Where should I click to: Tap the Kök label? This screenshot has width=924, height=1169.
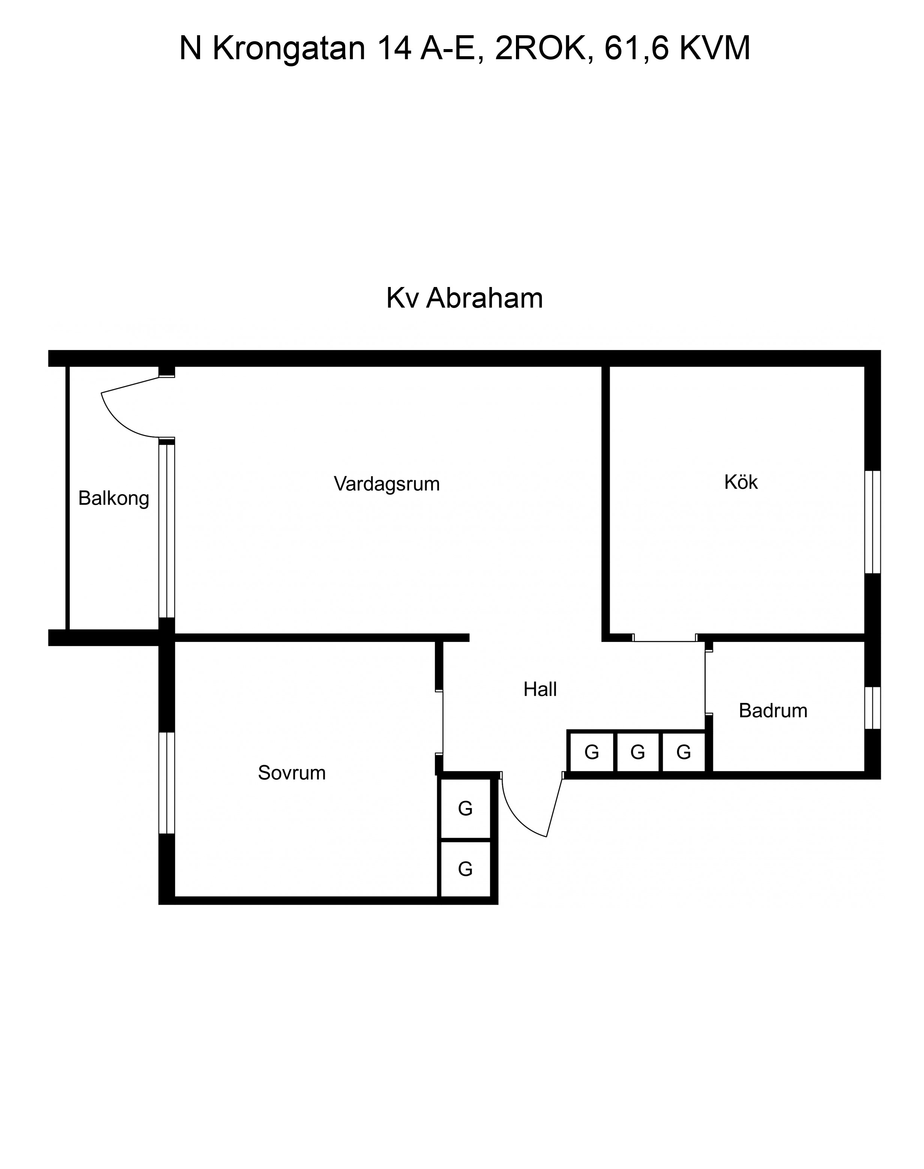point(741,482)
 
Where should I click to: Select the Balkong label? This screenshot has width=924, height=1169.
point(114,498)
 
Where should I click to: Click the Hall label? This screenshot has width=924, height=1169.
point(540,690)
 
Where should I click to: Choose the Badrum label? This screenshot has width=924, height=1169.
point(773,711)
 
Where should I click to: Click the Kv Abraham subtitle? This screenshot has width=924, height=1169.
point(464,298)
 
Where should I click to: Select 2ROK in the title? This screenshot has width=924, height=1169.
point(540,49)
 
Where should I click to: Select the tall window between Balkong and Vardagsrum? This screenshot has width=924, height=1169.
point(167,531)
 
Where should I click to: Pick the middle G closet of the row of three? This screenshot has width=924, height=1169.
point(638,752)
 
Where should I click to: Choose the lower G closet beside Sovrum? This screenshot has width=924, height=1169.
point(465,869)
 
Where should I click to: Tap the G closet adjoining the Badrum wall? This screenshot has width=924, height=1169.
point(684,752)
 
